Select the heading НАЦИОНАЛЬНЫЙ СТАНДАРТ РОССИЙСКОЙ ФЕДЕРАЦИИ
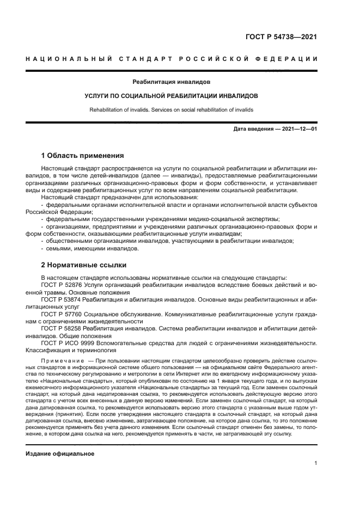pos(172,59)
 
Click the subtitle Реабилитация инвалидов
pos(171,82)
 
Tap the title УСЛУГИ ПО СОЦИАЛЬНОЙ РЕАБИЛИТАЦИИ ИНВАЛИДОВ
pos(171,95)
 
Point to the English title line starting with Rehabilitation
pos(171,109)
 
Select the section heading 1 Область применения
pos(83,155)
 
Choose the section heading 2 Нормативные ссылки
pos(84,265)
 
